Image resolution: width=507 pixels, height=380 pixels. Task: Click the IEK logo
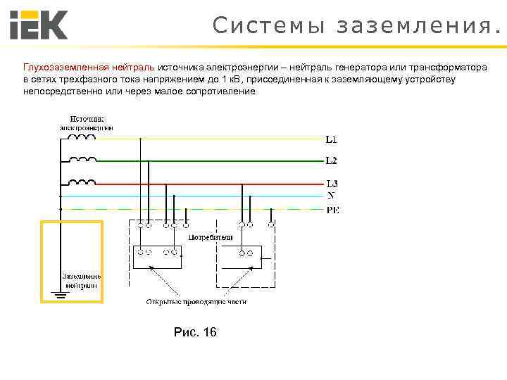pos(39,25)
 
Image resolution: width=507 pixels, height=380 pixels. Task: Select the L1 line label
pos(331,139)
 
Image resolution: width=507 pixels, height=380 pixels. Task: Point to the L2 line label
pos(331,160)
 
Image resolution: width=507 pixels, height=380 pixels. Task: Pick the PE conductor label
pos(332,210)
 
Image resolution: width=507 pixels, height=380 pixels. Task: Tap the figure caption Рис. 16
pos(195,332)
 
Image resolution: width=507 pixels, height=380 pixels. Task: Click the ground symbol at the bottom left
pos(60,295)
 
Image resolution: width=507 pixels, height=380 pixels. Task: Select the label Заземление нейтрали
pos(82,281)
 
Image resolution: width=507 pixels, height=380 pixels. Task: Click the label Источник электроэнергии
pos(87,122)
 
